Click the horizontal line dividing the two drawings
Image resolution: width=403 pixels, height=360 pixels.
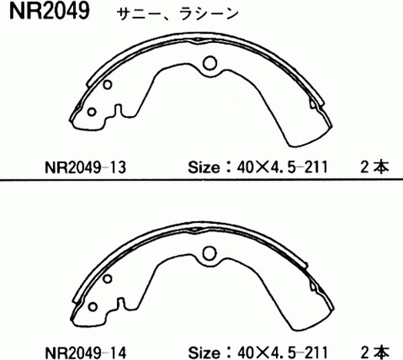pos(201,179)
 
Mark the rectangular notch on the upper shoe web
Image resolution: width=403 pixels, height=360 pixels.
pos(118,109)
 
